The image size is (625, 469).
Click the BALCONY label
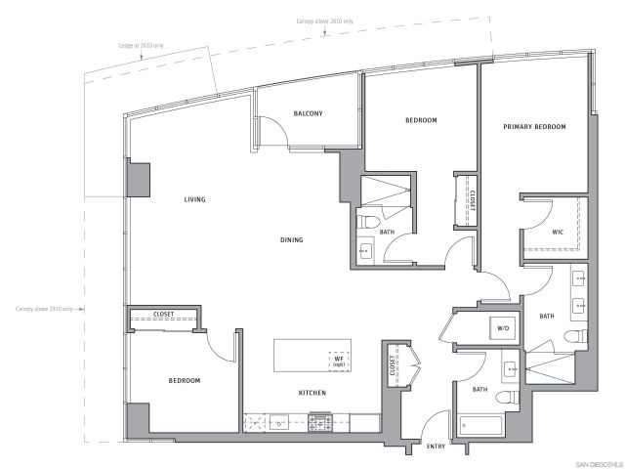pos(308,113)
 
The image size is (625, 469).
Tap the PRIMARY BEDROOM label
pos(534,127)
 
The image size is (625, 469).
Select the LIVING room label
pos(196,200)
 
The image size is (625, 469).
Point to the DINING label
pos(290,239)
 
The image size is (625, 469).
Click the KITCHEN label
pos(312,393)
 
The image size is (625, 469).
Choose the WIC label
pos(557,232)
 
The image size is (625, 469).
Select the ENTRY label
pos(437,447)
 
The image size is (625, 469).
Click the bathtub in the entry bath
pos(479,427)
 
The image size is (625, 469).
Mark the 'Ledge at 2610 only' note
pos(143,45)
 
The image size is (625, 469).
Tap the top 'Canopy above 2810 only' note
pos(326,21)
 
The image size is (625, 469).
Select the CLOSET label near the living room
pos(163,315)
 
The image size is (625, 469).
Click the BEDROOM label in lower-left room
pos(184,380)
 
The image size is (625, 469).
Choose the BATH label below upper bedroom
pos(387,232)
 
